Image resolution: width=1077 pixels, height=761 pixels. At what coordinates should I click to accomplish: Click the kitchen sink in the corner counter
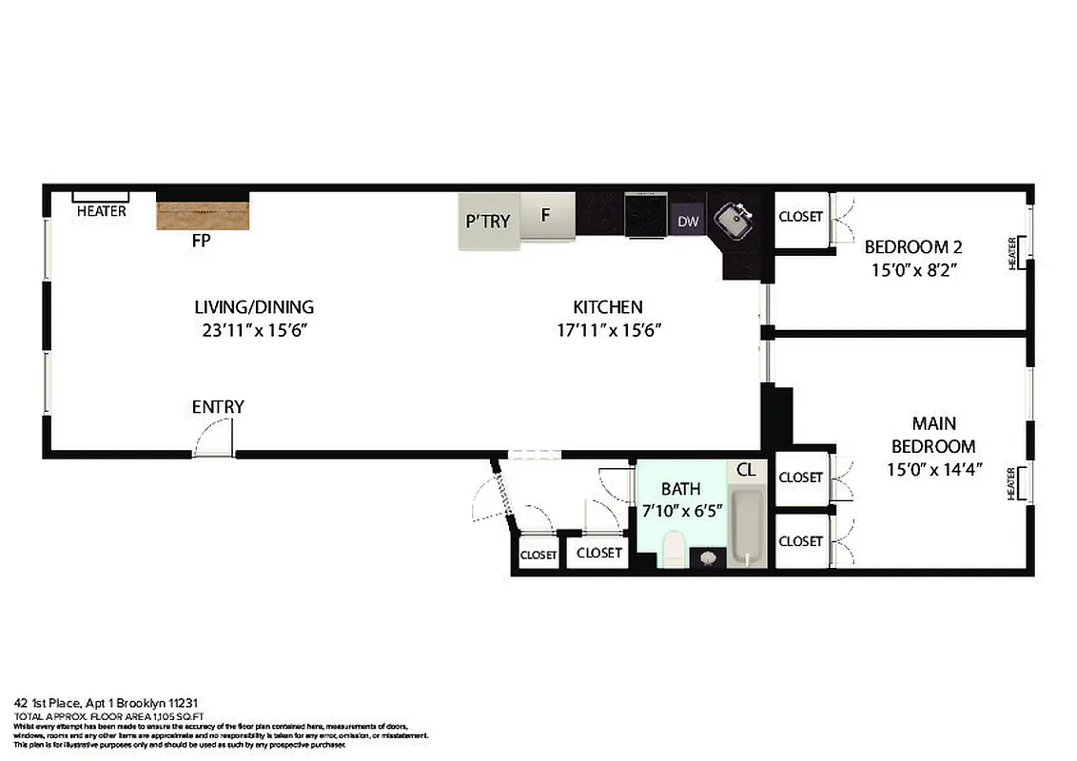point(734,220)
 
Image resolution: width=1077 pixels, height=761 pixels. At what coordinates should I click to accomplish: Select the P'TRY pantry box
point(488,222)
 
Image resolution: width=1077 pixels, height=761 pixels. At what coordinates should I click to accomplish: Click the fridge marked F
point(547,216)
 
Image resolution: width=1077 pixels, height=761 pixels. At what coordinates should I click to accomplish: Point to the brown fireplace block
point(203,215)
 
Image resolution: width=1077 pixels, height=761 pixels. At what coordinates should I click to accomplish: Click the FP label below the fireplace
point(201,242)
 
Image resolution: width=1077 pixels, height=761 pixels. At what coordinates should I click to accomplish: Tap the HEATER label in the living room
point(102,211)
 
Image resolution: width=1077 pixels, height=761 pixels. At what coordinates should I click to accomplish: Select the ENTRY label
point(218,407)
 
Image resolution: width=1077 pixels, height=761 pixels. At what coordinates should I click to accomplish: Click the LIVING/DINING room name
point(254,307)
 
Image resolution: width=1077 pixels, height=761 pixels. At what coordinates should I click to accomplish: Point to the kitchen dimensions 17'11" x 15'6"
point(609,331)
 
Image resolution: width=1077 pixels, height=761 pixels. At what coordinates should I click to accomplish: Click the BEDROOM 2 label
point(910,247)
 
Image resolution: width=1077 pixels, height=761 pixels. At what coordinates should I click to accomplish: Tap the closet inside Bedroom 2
point(800,217)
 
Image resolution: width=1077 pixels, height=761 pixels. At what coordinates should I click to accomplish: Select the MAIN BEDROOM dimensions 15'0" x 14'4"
point(933,470)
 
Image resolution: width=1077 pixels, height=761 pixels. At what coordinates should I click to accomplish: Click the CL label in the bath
point(746,470)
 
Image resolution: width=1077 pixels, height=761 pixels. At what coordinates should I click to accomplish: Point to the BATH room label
point(681,489)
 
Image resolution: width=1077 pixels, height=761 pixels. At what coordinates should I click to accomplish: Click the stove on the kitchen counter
point(647,216)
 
